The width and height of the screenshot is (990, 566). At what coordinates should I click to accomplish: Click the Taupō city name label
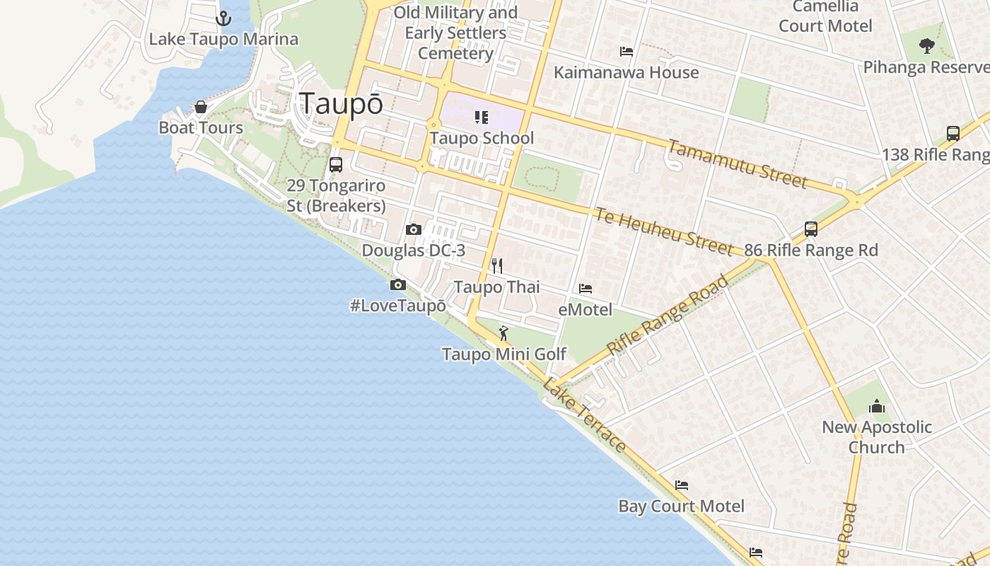[342, 103]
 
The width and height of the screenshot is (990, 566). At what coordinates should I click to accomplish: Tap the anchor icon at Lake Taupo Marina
[223, 18]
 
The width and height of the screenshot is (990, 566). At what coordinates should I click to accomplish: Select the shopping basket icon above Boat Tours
[201, 107]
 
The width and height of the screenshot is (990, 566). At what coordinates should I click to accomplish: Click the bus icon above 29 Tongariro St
[336, 165]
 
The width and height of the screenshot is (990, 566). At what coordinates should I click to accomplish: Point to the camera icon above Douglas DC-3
[414, 229]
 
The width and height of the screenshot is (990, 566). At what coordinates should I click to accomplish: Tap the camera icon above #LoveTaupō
[398, 284]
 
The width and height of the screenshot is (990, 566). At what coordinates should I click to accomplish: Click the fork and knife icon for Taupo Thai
[497, 266]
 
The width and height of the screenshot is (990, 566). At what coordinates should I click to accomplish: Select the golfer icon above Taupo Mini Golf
[503, 333]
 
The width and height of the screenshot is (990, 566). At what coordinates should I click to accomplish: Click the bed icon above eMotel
[586, 289]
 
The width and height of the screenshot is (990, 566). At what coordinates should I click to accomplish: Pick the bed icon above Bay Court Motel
[682, 485]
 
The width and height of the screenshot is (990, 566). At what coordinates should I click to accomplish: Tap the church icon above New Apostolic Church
[877, 406]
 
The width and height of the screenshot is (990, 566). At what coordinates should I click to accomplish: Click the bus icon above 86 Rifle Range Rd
[811, 229]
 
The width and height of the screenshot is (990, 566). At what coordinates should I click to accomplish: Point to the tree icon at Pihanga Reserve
[926, 47]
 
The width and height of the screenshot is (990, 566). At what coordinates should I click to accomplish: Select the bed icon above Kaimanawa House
[626, 52]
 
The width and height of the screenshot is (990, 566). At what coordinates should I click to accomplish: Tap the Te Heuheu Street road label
[663, 231]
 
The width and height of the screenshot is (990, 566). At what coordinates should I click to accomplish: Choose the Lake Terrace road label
[584, 415]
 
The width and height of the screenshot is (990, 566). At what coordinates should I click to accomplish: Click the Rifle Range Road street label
[667, 316]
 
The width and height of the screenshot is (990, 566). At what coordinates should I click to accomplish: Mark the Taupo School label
[482, 138]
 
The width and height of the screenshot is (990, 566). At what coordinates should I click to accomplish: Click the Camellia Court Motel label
[825, 17]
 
